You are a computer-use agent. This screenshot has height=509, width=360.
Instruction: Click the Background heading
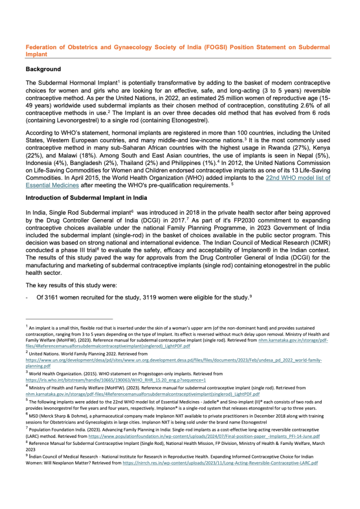43,69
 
